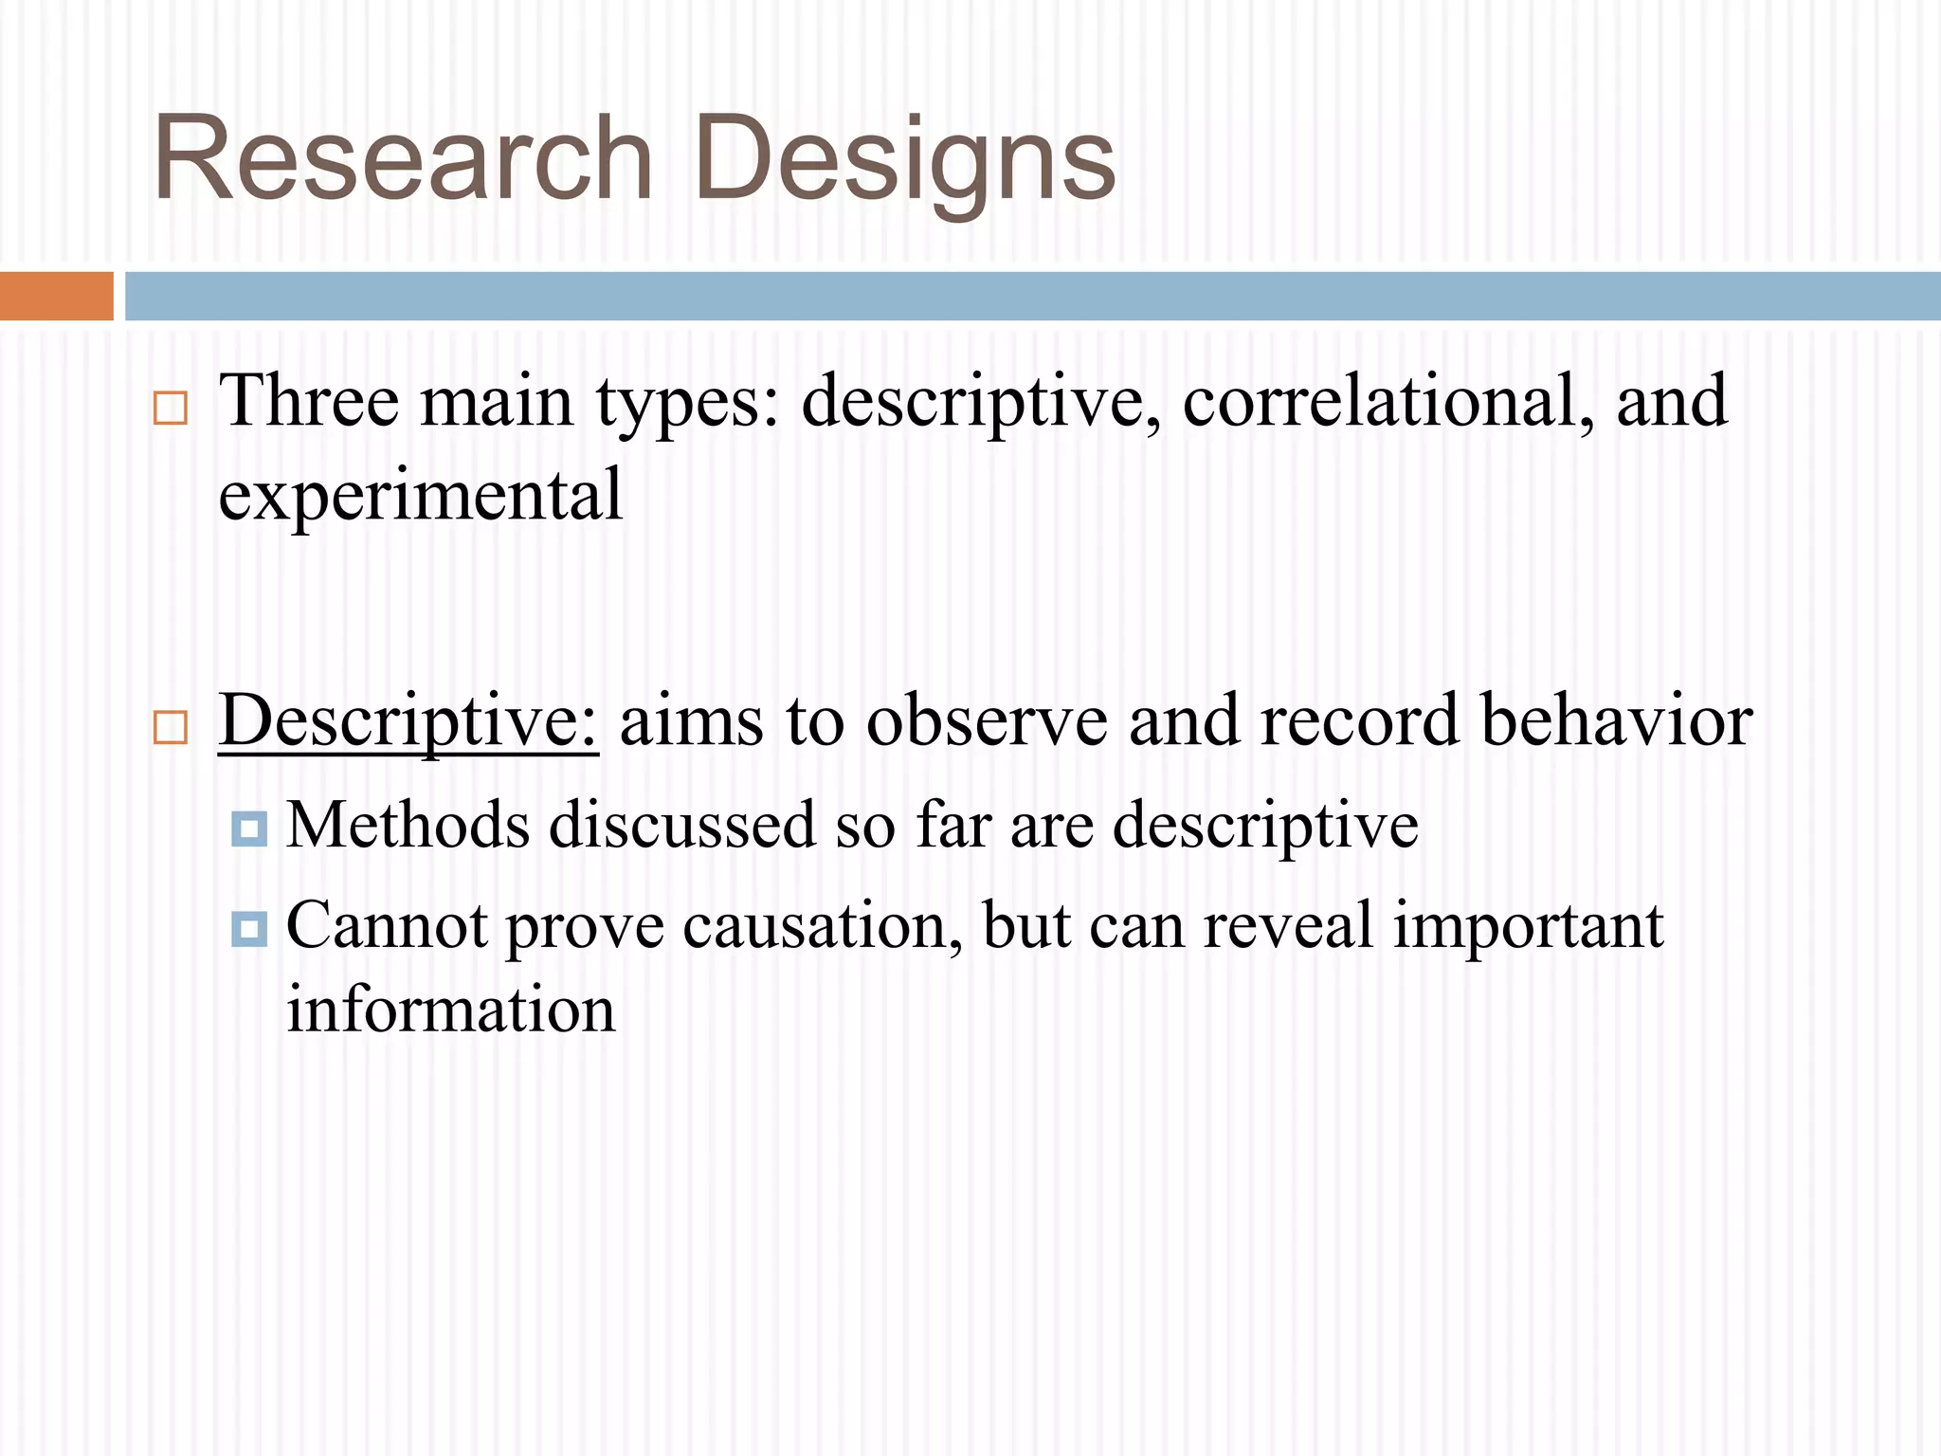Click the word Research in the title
(x=402, y=158)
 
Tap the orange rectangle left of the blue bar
(x=56, y=296)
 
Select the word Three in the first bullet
(x=309, y=401)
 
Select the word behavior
(x=1616, y=720)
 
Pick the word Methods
(x=408, y=825)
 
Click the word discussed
(x=681, y=825)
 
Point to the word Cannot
(x=387, y=926)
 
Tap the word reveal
(x=1288, y=926)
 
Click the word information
(x=451, y=1010)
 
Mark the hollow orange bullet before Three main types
(x=171, y=409)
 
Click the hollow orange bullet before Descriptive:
(x=171, y=728)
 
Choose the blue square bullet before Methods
(x=249, y=829)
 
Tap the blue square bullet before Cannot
(x=249, y=929)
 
